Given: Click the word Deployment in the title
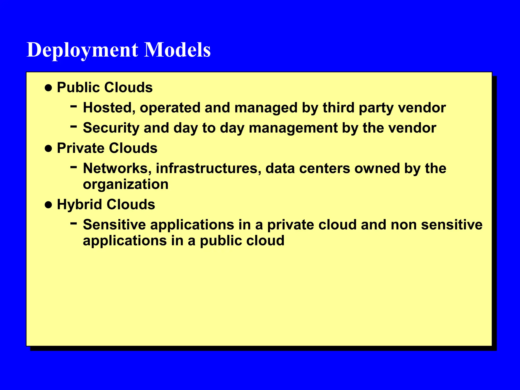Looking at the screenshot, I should click(x=83, y=50).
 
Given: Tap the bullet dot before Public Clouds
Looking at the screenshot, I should click(x=48, y=88).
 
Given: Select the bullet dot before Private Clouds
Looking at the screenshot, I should click(x=48, y=149).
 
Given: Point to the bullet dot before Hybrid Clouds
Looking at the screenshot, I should click(x=48, y=205).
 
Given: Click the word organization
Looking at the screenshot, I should click(x=126, y=185).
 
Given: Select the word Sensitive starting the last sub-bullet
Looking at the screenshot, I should click(x=115, y=225).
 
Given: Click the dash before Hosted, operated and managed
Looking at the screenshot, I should click(x=74, y=106).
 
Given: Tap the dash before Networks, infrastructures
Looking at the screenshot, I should click(x=74, y=167).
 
